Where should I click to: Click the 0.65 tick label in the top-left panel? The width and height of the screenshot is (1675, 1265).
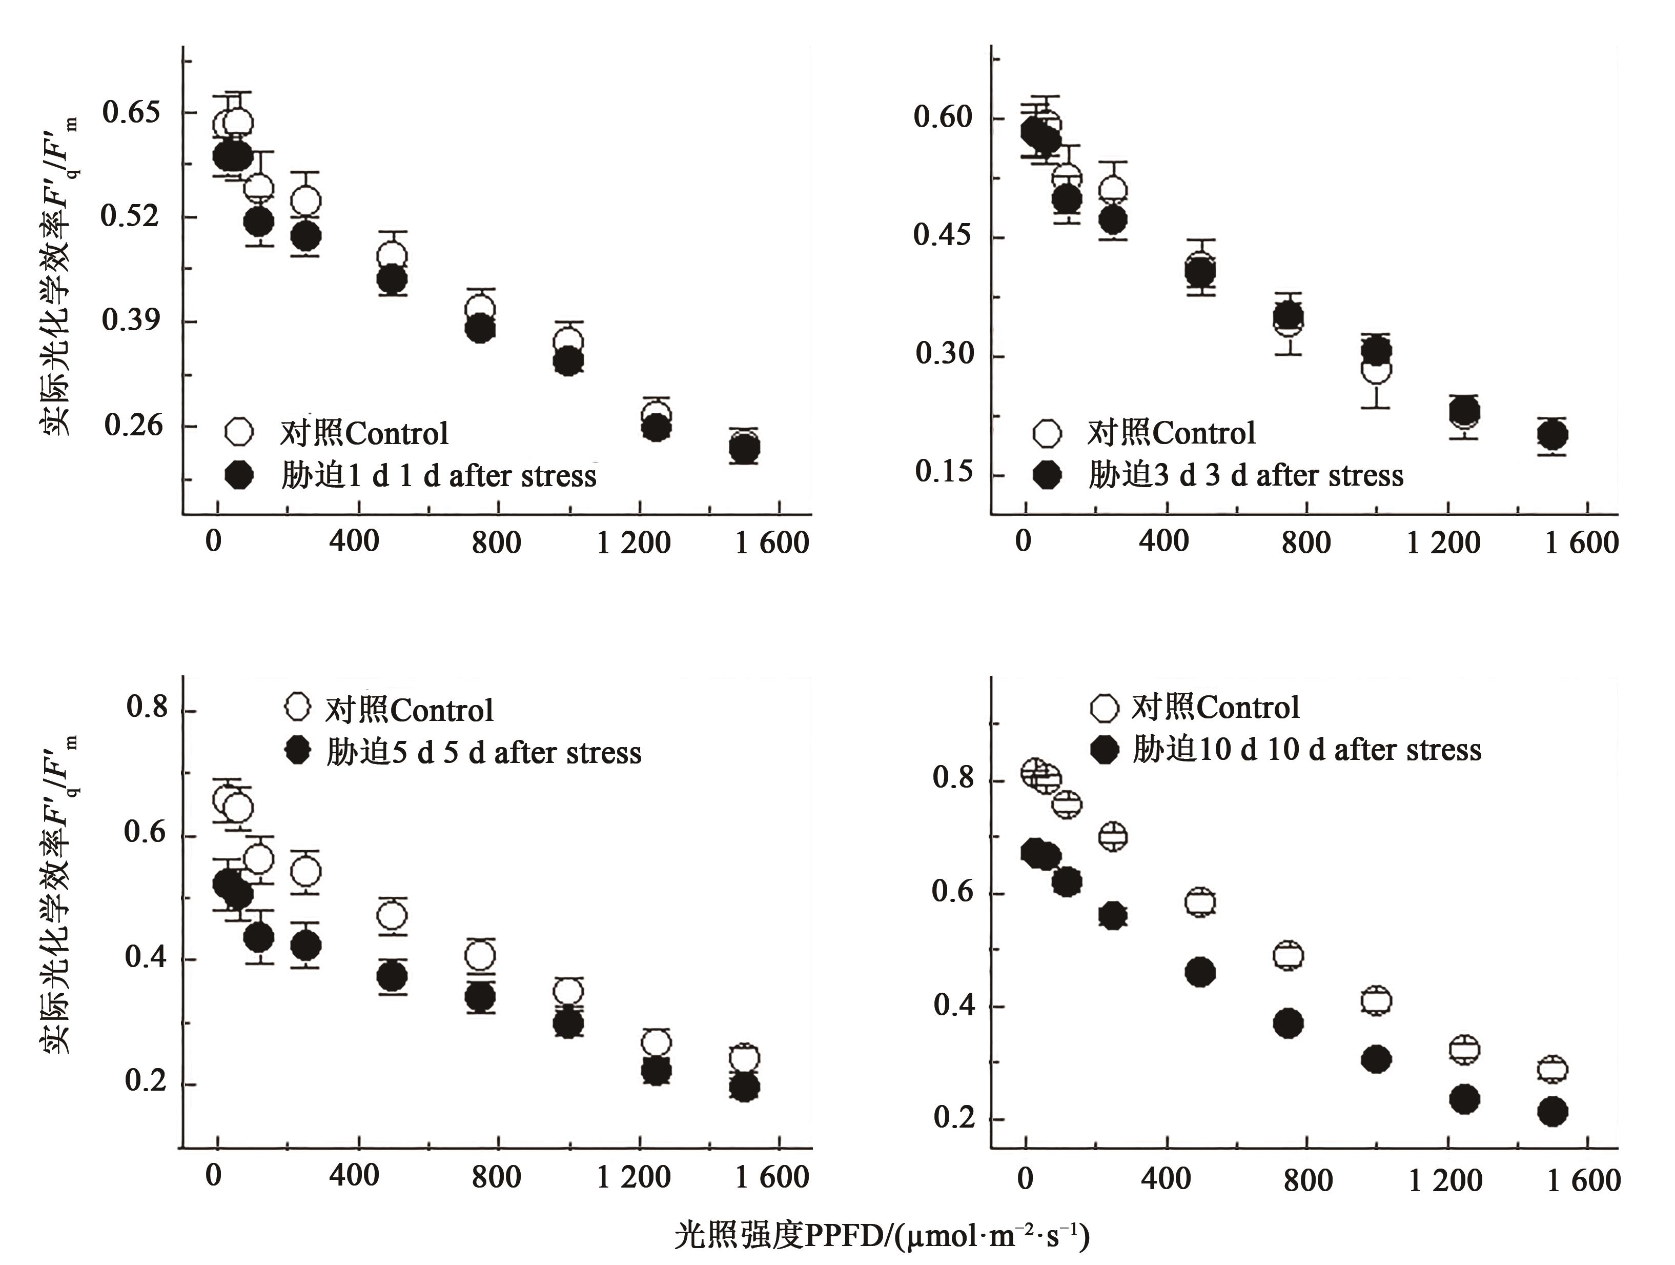131,112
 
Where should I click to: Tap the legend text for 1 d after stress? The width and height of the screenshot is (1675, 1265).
438,476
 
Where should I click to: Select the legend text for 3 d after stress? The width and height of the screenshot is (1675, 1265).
1245,475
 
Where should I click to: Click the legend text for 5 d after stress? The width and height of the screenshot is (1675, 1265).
483,752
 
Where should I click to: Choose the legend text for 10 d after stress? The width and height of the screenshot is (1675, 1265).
1306,749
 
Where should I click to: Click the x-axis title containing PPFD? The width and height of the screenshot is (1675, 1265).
882,1235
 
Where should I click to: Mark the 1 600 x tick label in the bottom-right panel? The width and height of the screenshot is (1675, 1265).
1583,1180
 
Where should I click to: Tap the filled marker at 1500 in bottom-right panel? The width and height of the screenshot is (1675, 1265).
1553,1112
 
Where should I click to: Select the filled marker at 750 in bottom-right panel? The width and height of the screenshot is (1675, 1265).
1288,1023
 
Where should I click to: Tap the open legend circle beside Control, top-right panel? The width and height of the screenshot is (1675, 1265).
1047,433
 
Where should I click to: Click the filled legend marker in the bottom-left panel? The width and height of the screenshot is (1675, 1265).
298,751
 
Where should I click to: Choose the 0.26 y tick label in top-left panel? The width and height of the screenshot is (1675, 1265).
133,425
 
